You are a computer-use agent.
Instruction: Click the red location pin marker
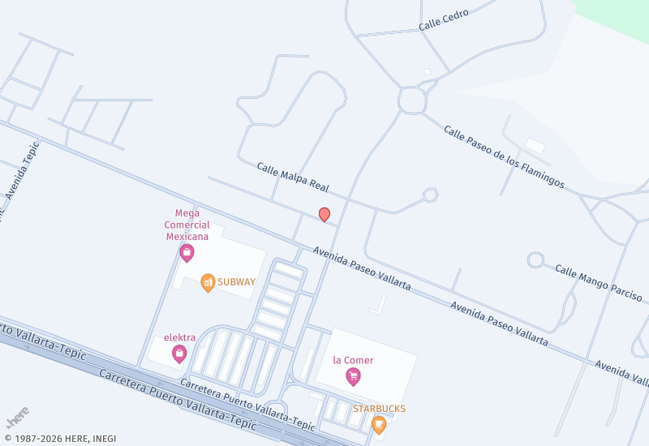tap(324, 215)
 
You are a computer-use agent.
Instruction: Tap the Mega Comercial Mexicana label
tap(187, 225)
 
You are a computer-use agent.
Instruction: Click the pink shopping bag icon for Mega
tap(187, 253)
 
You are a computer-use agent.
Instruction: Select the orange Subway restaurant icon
tap(208, 282)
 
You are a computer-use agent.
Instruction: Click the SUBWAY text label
tap(236, 282)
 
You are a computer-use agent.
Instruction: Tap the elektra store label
tap(179, 337)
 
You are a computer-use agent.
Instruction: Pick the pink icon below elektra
tap(179, 354)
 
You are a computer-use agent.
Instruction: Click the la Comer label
tap(353, 360)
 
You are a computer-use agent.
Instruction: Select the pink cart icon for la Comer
tap(353, 376)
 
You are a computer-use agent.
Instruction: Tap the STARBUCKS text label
tap(379, 409)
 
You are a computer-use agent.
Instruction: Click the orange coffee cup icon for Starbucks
tap(379, 424)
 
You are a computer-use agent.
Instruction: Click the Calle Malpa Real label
tap(292, 177)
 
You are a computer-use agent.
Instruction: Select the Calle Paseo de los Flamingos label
tap(504, 157)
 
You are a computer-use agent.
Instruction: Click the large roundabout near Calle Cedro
tap(412, 101)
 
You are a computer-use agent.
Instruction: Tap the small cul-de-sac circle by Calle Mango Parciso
tap(535, 260)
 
